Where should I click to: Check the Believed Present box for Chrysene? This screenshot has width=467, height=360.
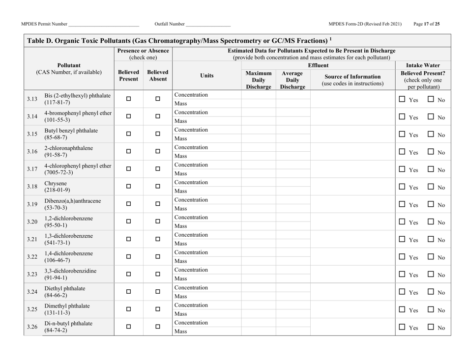[x=128, y=187]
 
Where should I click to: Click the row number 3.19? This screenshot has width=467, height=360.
[x=31, y=204]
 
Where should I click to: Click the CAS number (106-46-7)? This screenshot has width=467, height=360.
[x=58, y=261]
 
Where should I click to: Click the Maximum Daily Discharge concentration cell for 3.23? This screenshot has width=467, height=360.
[x=258, y=270]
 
